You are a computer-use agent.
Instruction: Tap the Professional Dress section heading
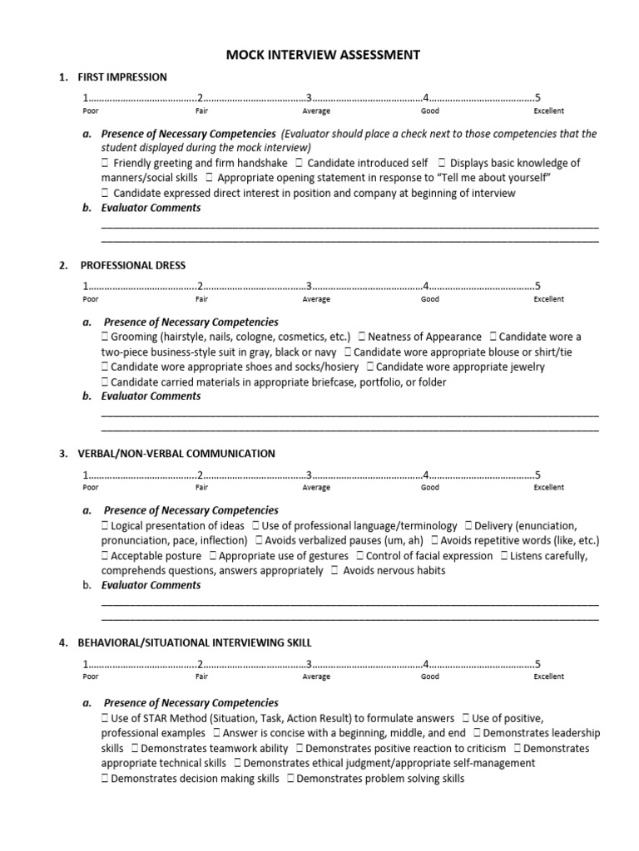coord(132,266)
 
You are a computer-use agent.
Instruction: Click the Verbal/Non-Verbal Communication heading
coord(176,454)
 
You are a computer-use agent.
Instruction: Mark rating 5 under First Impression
coord(537,99)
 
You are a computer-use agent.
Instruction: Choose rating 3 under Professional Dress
coord(309,288)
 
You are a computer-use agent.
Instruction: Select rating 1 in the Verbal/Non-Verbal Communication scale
coord(84,475)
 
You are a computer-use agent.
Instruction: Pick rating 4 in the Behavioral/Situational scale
coord(425,664)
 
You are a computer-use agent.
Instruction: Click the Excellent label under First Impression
coord(548,111)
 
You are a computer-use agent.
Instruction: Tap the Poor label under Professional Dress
coord(91,299)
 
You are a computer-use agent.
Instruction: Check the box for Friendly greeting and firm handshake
coord(105,163)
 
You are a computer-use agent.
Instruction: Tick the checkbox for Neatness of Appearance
coord(362,337)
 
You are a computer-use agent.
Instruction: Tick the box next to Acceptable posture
coord(105,555)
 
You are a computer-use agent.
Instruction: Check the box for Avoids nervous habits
coord(334,570)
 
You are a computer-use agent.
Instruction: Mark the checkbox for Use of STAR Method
coord(105,718)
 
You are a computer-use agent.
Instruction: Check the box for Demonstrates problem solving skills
coord(290,779)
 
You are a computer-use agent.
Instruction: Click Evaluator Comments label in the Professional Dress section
coord(151,396)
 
